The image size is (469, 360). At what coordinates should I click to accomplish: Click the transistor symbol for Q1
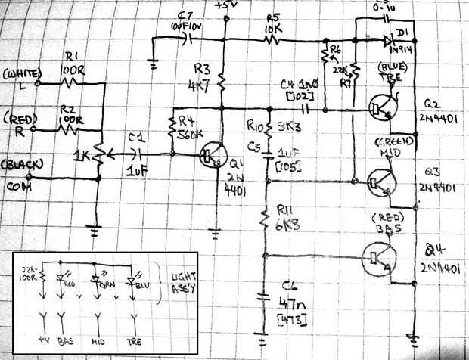coord(210,158)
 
